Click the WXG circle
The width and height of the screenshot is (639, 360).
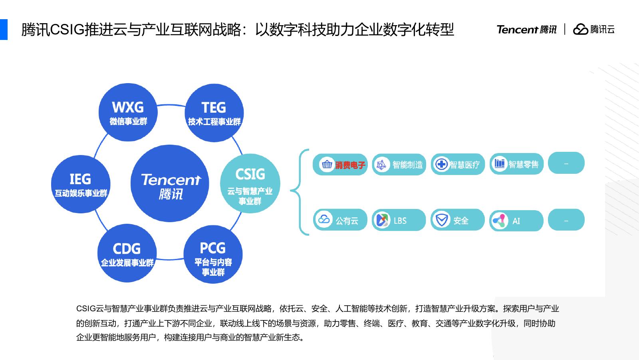tap(128, 112)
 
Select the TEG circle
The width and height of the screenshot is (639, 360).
tap(214, 113)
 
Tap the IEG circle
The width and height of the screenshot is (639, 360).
tap(81, 184)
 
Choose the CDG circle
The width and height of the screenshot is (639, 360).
tap(127, 253)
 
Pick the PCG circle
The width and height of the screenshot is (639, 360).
tap(213, 255)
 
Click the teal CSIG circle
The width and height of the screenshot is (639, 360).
tap(250, 183)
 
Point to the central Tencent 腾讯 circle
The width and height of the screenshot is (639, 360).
tap(170, 183)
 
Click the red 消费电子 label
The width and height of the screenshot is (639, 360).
tap(350, 165)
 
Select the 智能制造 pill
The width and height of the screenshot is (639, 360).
tap(399, 164)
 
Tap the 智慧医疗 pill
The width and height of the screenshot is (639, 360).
tap(458, 164)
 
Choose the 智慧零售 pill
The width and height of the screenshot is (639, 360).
tap(516, 164)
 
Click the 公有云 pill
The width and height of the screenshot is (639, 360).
tap(340, 220)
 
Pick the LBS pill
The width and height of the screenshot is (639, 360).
tap(399, 220)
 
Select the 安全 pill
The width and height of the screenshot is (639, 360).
tap(457, 220)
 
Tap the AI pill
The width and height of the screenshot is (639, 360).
tap(516, 221)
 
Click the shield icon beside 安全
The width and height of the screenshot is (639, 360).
tap(441, 220)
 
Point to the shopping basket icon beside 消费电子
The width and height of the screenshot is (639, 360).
tap(327, 164)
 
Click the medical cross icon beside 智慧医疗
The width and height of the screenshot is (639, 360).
tap(441, 164)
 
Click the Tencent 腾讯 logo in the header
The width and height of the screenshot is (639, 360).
tap(526, 29)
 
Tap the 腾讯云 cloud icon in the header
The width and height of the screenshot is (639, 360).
tap(581, 29)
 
